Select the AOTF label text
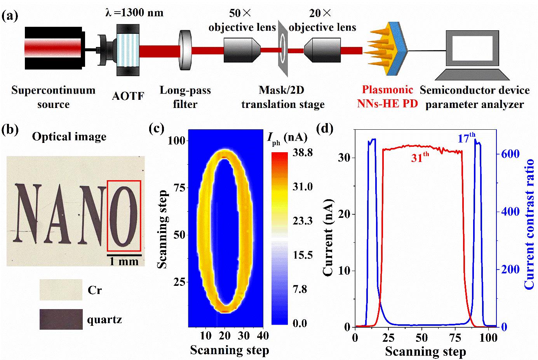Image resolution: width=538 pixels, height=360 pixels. [128, 96]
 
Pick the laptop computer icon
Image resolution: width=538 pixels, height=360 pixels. [472, 54]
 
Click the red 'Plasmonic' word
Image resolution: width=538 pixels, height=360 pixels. [387, 90]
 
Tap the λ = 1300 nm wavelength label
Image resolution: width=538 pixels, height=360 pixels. [134, 13]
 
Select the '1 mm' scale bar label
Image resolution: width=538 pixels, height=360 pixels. [124, 261]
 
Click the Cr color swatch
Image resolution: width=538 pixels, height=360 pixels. [61, 290]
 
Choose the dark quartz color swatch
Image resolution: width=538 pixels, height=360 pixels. [61, 319]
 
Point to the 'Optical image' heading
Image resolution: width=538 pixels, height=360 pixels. [69, 137]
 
